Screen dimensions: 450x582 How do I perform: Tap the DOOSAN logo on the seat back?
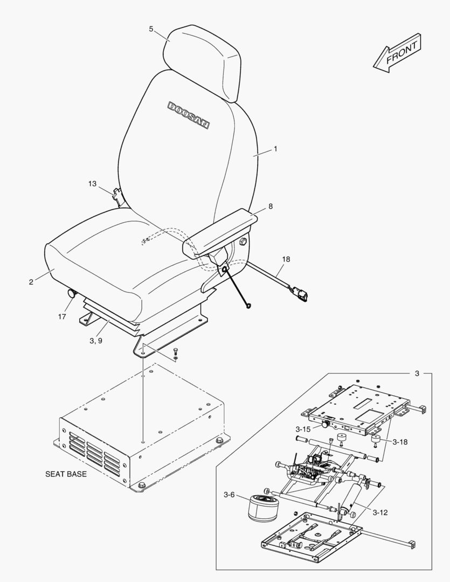point(188,115)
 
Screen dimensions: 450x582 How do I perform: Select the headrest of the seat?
point(202,63)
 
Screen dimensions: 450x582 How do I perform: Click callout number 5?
point(151,29)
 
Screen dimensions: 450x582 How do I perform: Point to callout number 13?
point(92,184)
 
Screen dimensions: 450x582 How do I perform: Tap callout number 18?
point(286,259)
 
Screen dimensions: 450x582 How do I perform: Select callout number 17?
point(62,317)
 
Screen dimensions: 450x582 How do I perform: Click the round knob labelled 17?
point(71,294)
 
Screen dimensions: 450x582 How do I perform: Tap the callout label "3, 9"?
point(96,341)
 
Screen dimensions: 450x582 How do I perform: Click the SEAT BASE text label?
point(66,474)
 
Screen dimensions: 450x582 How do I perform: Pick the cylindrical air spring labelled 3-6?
point(262,508)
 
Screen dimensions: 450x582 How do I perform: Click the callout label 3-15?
point(303,429)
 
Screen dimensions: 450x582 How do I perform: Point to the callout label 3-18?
point(400,442)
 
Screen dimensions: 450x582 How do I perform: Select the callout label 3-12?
point(380,512)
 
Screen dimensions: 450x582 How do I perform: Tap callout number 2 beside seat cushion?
point(31,282)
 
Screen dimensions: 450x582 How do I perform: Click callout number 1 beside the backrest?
point(275,149)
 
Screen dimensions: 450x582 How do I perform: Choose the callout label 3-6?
point(229,495)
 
